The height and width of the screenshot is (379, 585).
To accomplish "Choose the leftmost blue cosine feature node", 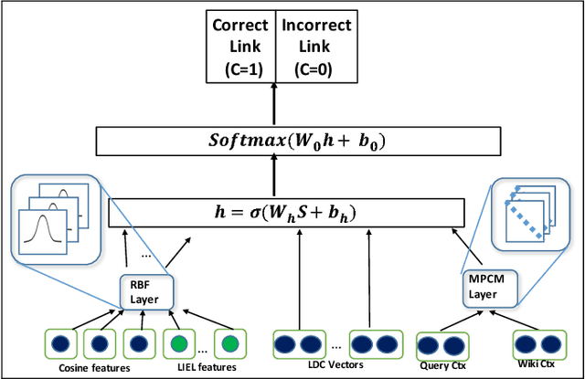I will pyautogui.click(x=61, y=345).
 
